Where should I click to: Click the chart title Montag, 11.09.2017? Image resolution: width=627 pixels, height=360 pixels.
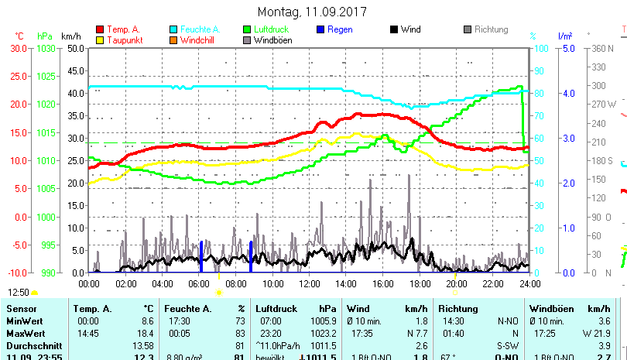pos(312,12)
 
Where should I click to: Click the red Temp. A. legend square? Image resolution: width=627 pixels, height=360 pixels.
pos(100,29)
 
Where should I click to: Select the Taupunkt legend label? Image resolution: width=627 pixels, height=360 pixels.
pos(122,40)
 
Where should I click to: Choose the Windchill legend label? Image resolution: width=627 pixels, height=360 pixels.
pos(198,40)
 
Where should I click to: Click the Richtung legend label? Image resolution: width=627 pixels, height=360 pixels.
pos(491,29)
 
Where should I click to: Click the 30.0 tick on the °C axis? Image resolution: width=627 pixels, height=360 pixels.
pos(19,48)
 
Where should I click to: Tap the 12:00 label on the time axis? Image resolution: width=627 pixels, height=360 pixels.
pos(309,284)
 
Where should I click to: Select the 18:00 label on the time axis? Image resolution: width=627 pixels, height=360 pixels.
pos(419,284)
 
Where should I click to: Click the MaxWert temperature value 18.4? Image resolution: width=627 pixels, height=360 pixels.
pos(146,332)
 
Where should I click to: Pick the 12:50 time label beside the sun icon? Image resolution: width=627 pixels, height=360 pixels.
pos(19,293)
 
